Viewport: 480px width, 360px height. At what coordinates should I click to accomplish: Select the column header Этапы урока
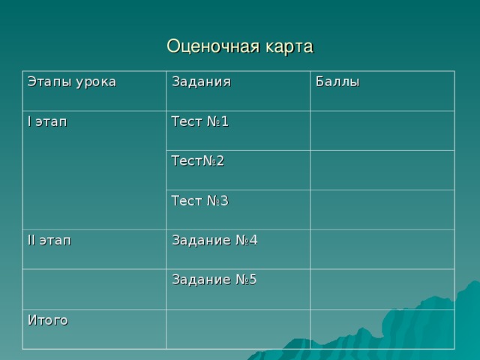coord(71,81)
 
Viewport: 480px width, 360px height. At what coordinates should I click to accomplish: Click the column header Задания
coord(201,81)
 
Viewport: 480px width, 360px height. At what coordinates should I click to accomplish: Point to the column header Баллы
coord(337,81)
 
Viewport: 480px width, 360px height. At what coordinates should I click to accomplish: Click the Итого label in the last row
coord(47,320)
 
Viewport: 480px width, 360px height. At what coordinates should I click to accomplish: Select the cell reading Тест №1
coord(199,121)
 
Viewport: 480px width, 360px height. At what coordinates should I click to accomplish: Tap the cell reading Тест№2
coord(198,160)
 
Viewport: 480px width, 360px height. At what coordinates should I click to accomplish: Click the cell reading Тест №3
coord(199,200)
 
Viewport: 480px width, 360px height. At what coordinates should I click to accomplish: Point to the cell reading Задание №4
coord(214,240)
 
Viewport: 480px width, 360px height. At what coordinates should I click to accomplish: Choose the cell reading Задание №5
coord(214,280)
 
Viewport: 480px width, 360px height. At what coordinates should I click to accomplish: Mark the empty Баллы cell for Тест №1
coord(382,130)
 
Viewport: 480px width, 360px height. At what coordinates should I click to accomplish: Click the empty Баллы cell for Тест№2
coord(382,170)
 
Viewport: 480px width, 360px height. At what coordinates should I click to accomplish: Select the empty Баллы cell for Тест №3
coord(382,209)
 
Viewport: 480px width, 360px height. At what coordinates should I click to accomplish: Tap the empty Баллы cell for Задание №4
coord(382,249)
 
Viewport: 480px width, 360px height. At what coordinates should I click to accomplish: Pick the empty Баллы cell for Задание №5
coord(382,289)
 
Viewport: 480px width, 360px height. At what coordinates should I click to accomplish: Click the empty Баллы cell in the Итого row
coord(382,328)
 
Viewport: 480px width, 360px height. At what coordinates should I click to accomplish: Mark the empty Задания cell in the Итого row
coord(238,328)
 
